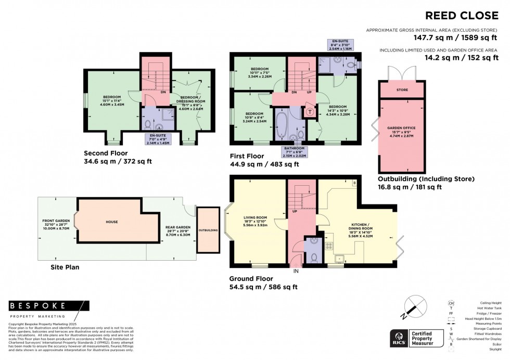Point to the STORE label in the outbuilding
[x=402, y=90]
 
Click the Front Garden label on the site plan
[x=56, y=225]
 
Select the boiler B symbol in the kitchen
[x=354, y=183]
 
